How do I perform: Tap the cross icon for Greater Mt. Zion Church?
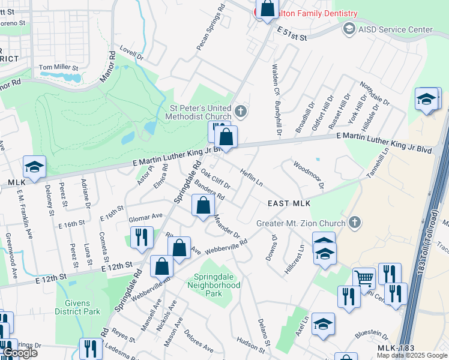(355, 223)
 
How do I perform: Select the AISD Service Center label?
(395, 29)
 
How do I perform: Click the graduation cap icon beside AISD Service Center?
(349, 29)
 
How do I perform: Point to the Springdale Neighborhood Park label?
(217, 285)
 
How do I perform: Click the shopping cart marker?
(363, 277)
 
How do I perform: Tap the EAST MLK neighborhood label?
(289, 204)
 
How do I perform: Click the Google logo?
(19, 353)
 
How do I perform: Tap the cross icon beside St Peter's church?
(240, 111)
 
